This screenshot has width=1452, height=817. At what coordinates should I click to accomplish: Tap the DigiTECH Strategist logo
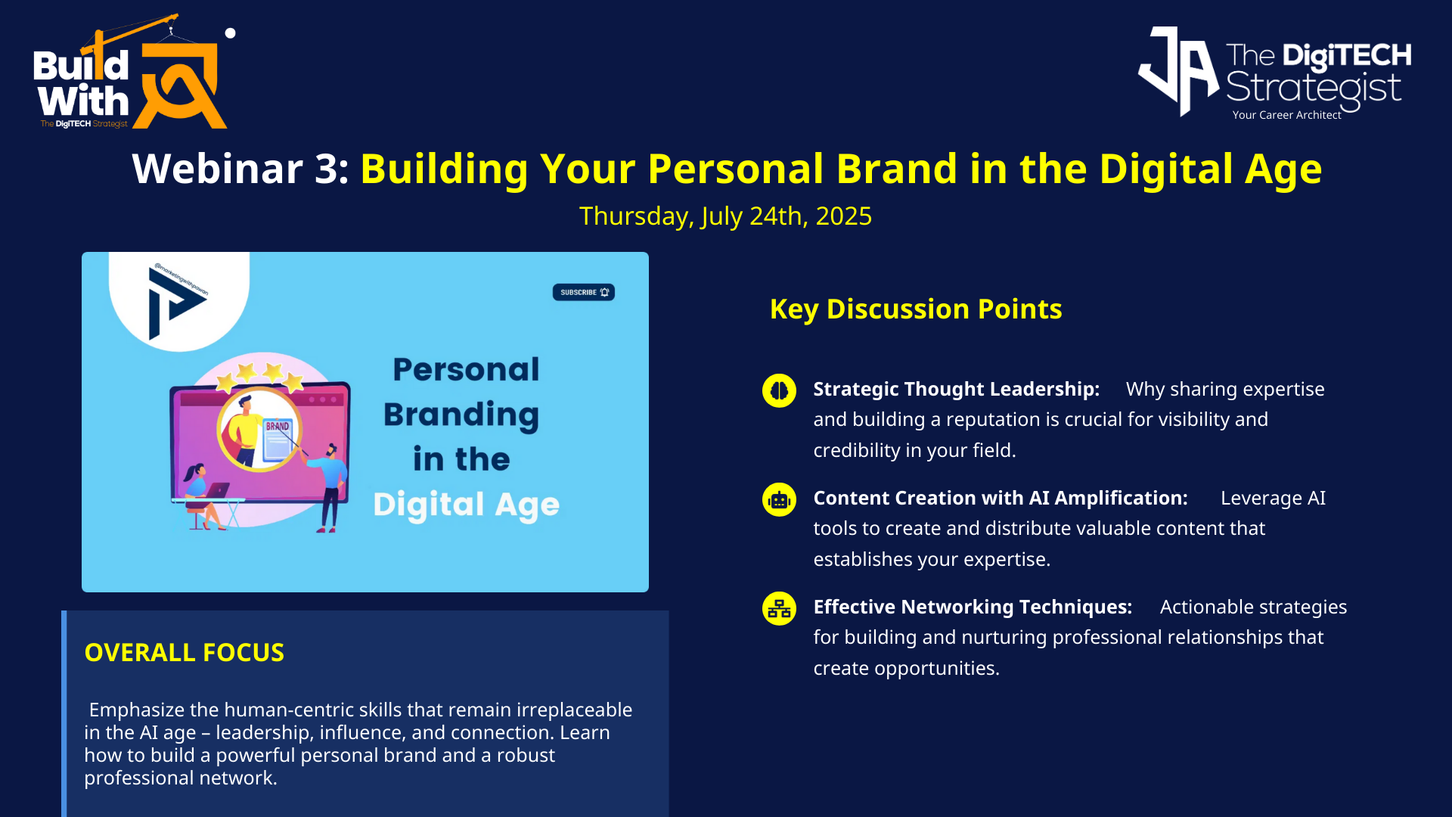1274,73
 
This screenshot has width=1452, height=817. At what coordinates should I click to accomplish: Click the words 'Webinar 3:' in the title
240,169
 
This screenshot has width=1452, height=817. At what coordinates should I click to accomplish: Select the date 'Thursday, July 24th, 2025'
725,216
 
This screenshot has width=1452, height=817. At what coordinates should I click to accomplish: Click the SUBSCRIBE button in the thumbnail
583,292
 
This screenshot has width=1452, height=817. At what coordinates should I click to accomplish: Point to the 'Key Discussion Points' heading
916,309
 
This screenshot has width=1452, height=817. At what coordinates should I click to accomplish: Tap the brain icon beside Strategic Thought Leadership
779,390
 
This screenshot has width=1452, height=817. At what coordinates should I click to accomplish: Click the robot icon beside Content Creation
779,499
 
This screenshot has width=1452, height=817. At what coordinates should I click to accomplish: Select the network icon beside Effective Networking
779,608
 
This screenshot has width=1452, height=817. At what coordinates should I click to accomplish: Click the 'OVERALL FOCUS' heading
185,652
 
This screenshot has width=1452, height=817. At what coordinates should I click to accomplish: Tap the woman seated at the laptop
200,496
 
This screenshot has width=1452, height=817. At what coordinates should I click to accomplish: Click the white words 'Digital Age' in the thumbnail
467,505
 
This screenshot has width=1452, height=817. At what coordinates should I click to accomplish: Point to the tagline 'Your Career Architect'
1286,115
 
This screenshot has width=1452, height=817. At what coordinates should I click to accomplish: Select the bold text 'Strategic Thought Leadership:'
957,389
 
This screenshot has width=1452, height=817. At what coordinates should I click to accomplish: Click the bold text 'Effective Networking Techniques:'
973,607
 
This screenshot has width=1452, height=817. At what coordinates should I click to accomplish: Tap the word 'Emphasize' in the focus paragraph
137,710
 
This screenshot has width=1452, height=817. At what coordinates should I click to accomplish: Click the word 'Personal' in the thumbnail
467,370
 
